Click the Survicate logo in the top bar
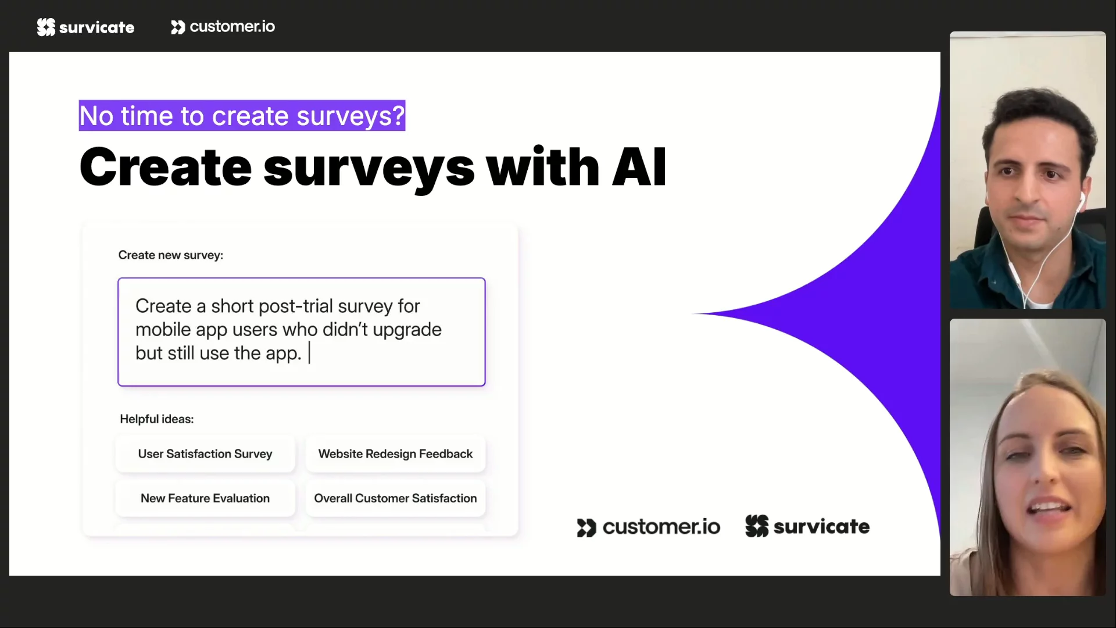85,27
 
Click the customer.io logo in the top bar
223,27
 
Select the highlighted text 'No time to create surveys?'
242,116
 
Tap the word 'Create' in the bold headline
166,167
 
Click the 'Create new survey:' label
171,255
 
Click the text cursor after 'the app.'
309,353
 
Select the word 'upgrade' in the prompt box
407,330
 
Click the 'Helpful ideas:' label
157,419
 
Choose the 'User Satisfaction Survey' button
205,454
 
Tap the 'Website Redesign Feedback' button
395,454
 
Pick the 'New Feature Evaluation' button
205,498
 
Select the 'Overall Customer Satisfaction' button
395,498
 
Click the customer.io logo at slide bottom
649,527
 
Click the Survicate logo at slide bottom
807,526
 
